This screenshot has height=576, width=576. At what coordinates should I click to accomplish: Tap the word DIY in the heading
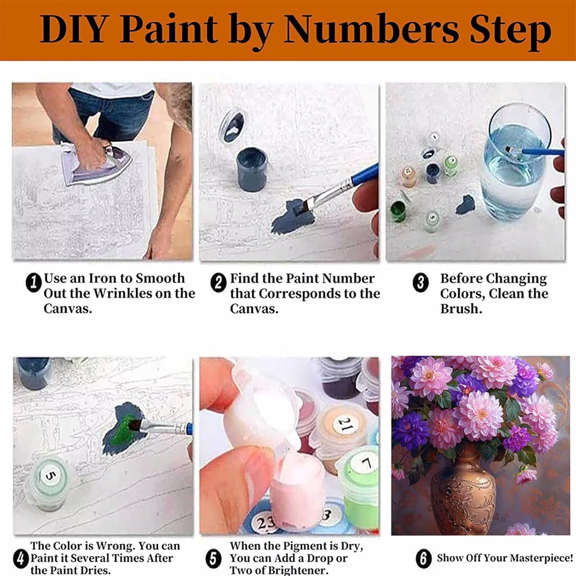pos(73,29)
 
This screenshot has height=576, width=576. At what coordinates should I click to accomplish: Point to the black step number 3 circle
pos(420,283)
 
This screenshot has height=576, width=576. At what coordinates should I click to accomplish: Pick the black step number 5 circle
pos(214,558)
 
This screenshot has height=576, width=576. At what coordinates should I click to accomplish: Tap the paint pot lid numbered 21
pos(344,425)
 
